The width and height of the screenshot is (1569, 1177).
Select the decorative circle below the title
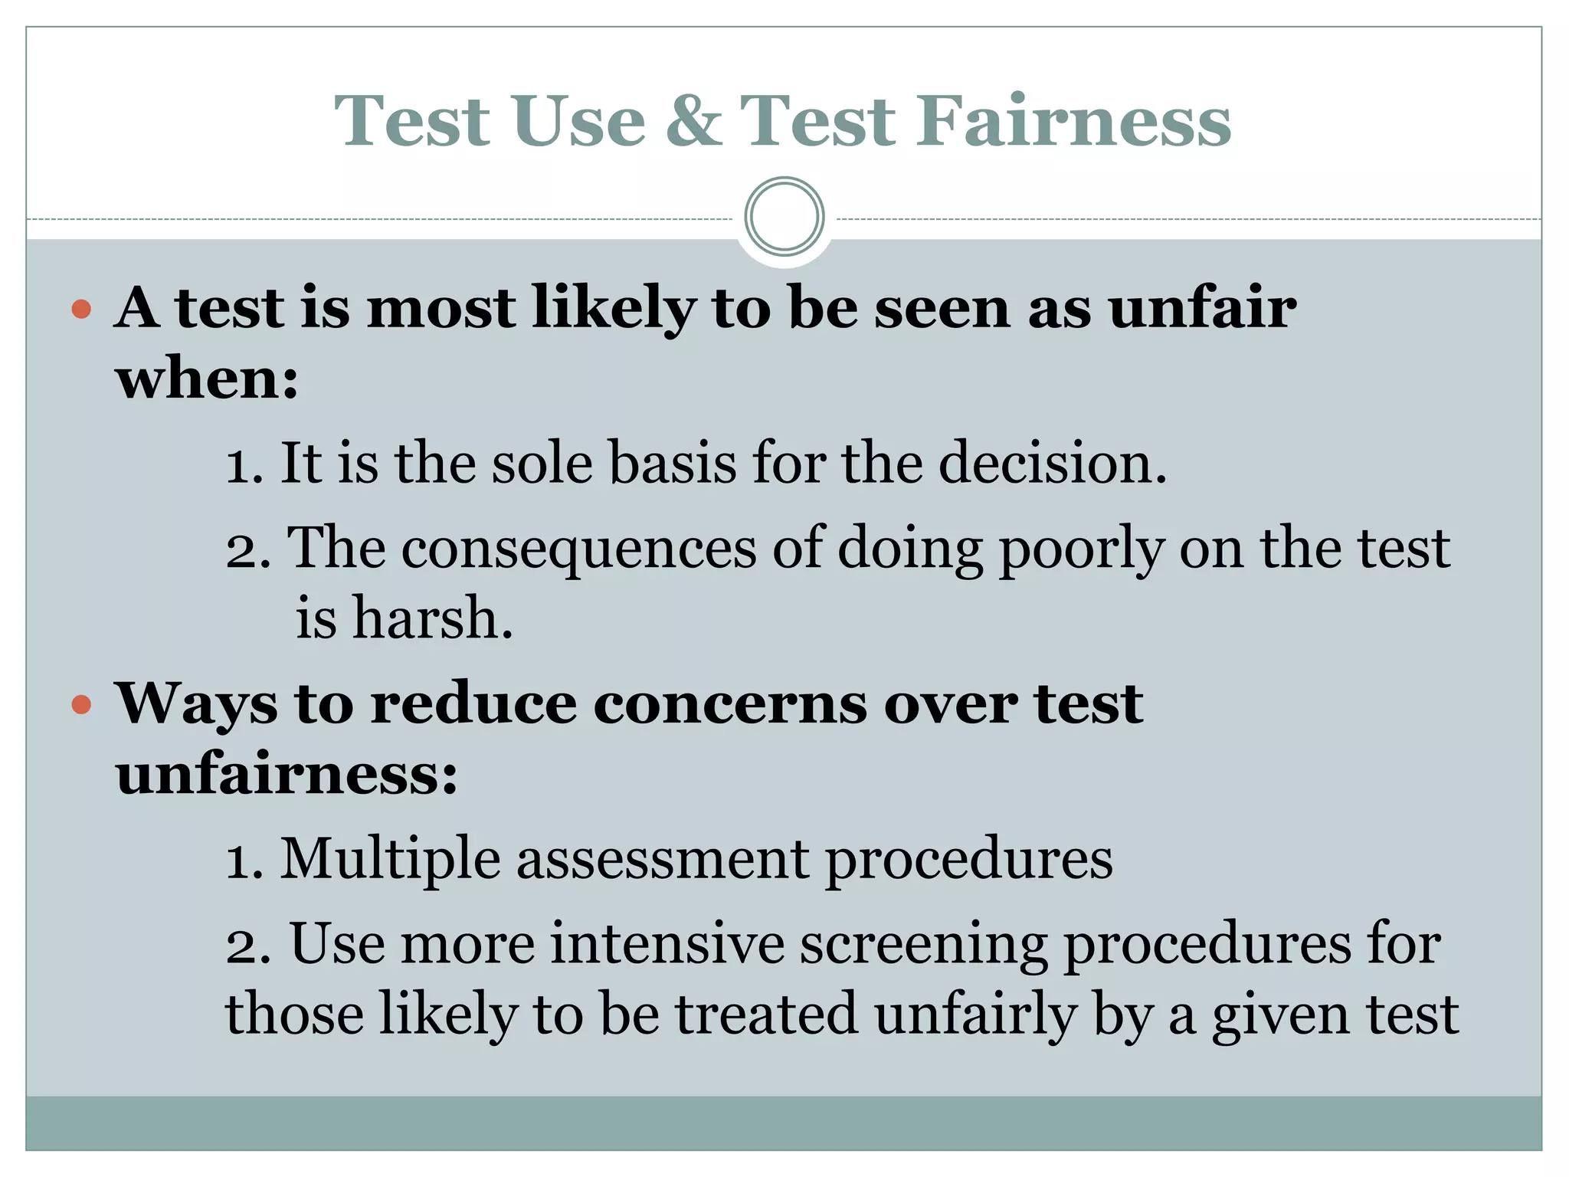coord(784,217)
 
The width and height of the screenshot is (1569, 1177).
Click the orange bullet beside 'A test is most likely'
coord(81,310)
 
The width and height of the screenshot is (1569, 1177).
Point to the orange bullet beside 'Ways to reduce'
coord(81,704)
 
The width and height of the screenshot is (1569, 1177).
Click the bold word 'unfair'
coord(1202,308)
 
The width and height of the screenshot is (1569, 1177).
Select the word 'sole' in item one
coord(542,464)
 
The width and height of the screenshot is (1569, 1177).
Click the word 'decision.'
coord(1053,464)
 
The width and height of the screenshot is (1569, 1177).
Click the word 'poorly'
coord(1081,549)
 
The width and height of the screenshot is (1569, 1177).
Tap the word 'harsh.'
coord(432,618)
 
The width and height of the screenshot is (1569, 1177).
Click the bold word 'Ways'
coord(196,704)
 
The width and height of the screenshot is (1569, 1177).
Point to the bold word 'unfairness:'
coord(287,774)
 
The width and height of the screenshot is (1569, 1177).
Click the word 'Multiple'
coord(390,860)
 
